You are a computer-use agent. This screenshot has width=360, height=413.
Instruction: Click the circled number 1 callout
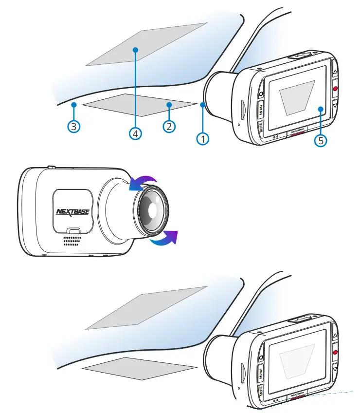203,139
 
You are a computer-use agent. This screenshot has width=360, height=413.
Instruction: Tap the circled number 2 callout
169,127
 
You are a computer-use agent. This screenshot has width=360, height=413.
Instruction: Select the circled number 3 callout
73,127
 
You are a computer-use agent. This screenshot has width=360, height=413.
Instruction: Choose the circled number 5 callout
320,140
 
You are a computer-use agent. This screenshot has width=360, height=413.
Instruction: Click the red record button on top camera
336,89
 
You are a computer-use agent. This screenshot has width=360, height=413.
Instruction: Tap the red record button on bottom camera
336,352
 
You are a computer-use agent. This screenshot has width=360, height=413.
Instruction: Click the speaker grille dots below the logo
71,241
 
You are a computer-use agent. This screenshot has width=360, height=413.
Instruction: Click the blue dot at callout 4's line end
136,50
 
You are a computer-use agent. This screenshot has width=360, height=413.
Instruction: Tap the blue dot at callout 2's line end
169,104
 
